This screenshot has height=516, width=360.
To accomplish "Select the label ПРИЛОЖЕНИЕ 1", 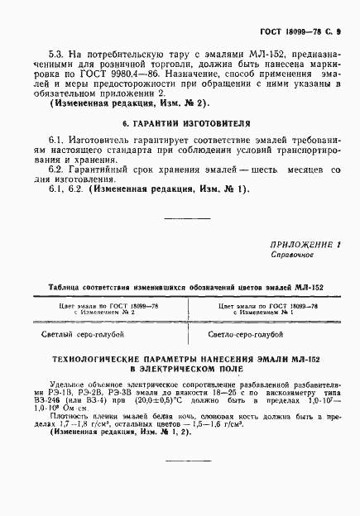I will click(305, 245).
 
